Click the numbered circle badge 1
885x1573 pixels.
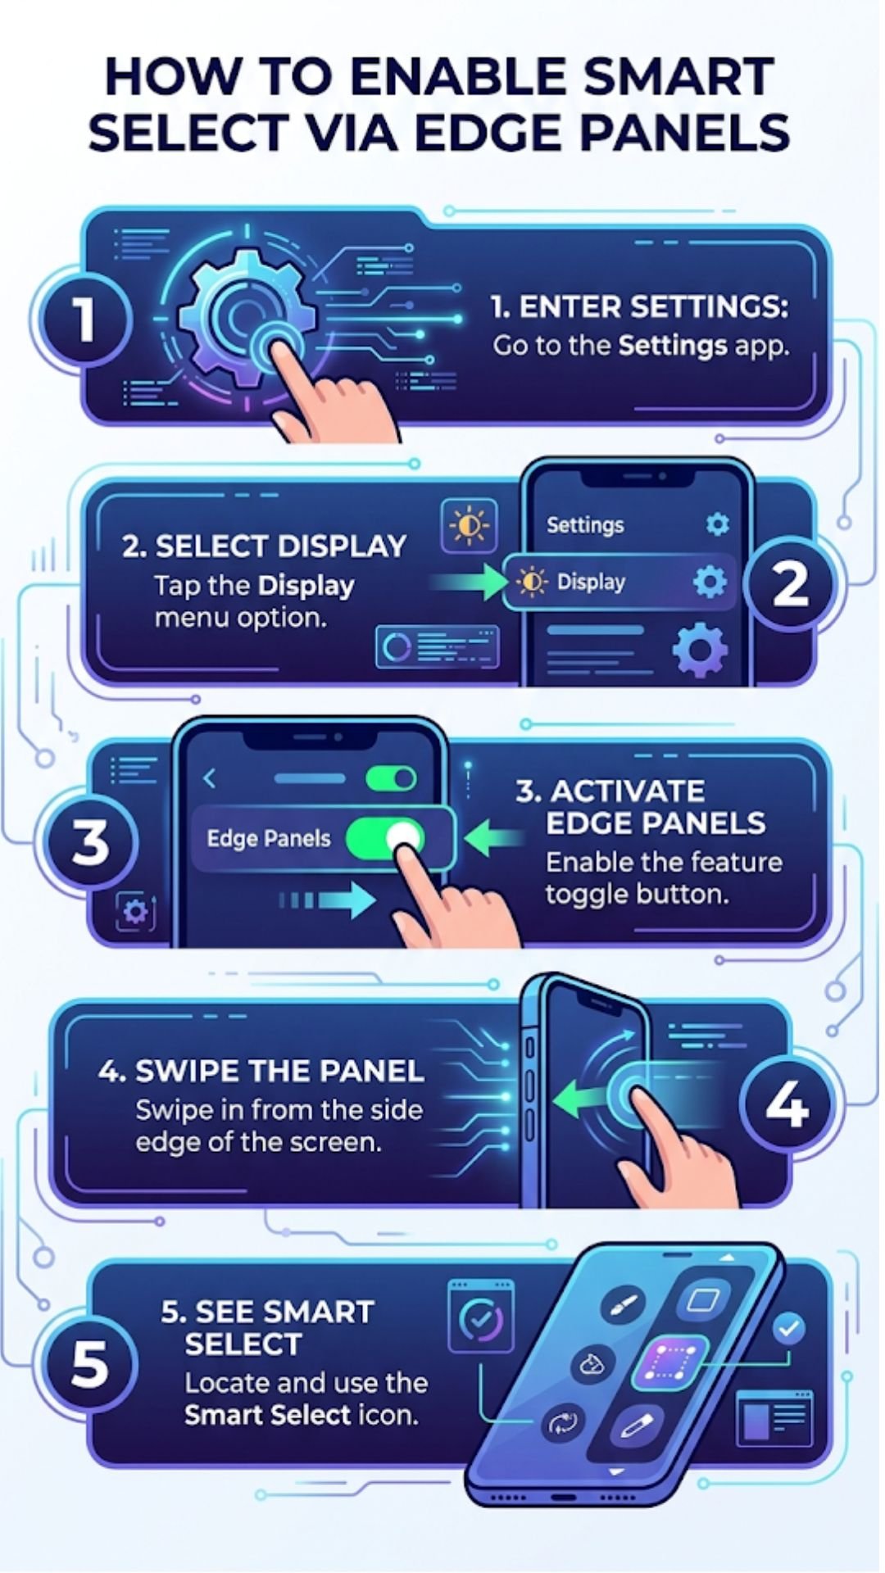(83, 320)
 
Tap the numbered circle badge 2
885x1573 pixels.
(790, 584)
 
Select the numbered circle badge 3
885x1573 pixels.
(90, 841)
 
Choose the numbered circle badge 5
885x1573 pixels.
(89, 1365)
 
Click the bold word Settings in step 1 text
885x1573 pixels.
(672, 346)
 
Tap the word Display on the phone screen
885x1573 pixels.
(591, 583)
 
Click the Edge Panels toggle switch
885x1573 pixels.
(385, 838)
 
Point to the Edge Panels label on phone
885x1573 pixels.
(269, 839)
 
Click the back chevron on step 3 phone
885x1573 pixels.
(210, 778)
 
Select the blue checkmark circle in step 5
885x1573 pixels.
(788, 1328)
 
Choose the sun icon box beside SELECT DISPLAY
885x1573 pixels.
(469, 525)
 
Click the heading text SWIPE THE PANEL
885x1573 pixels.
(261, 1072)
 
